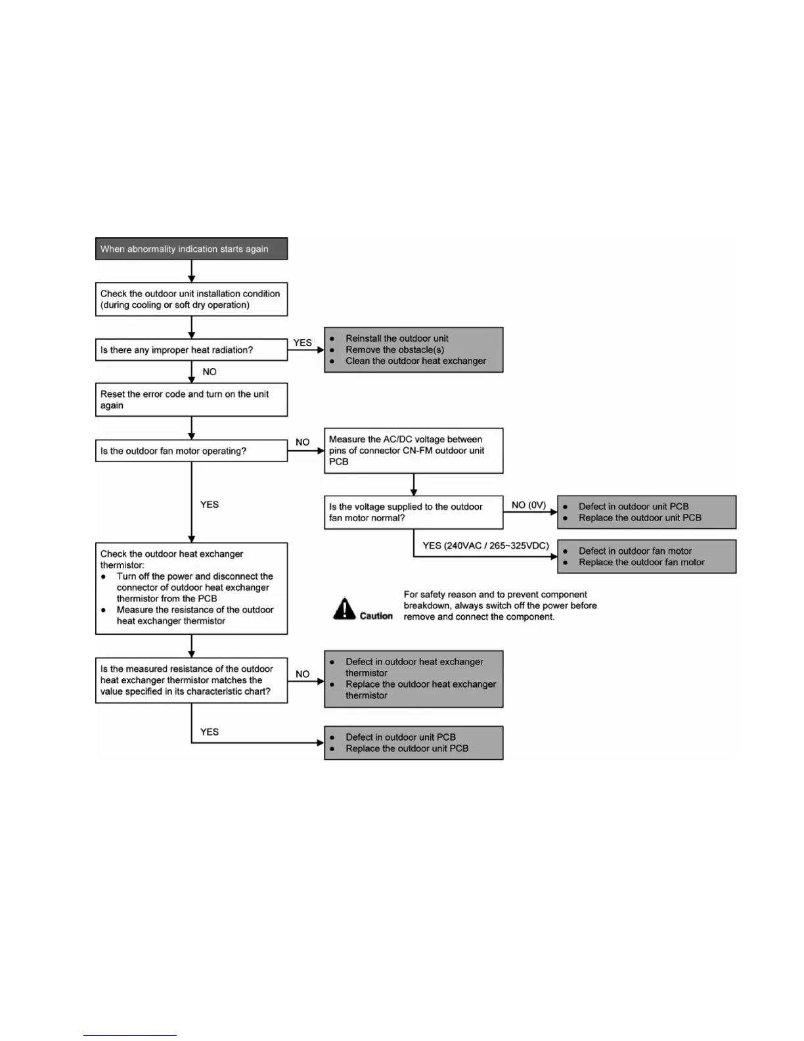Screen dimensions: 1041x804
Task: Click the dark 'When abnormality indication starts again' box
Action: tap(191, 249)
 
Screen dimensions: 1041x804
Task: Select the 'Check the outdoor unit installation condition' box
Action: tap(191, 299)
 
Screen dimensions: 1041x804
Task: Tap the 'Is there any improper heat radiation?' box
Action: tap(191, 350)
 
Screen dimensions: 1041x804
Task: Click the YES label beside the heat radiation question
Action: tap(302, 342)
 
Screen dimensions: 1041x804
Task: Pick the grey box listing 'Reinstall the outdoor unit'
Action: tap(413, 350)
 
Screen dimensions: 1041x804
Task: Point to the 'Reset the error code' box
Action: tap(191, 400)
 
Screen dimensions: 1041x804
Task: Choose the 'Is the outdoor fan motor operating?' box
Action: tap(191, 451)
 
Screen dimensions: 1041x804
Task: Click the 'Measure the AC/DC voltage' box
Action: tap(413, 450)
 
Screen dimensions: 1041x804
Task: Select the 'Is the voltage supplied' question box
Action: tap(413, 512)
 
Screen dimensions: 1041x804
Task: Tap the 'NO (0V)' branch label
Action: tap(529, 505)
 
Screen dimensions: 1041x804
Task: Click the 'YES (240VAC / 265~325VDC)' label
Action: tap(485, 545)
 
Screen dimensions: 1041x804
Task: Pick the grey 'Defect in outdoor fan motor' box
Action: tap(646, 557)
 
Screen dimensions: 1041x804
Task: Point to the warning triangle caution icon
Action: tap(344, 609)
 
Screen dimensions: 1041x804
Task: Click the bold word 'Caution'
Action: tap(376, 616)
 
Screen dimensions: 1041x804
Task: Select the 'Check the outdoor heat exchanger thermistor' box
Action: tap(191, 588)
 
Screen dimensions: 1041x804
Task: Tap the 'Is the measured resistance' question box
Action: tap(191, 680)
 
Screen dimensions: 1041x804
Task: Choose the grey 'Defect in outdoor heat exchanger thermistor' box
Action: tap(413, 679)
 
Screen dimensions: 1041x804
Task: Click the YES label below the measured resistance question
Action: tap(210, 731)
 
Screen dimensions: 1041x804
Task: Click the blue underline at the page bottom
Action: tap(130, 1035)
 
